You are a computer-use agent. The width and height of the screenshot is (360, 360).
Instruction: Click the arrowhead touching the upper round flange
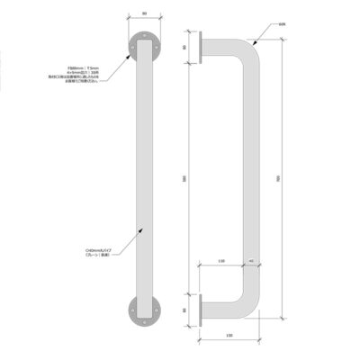point(135,53)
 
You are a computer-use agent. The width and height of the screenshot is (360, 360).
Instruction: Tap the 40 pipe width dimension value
point(250,262)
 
